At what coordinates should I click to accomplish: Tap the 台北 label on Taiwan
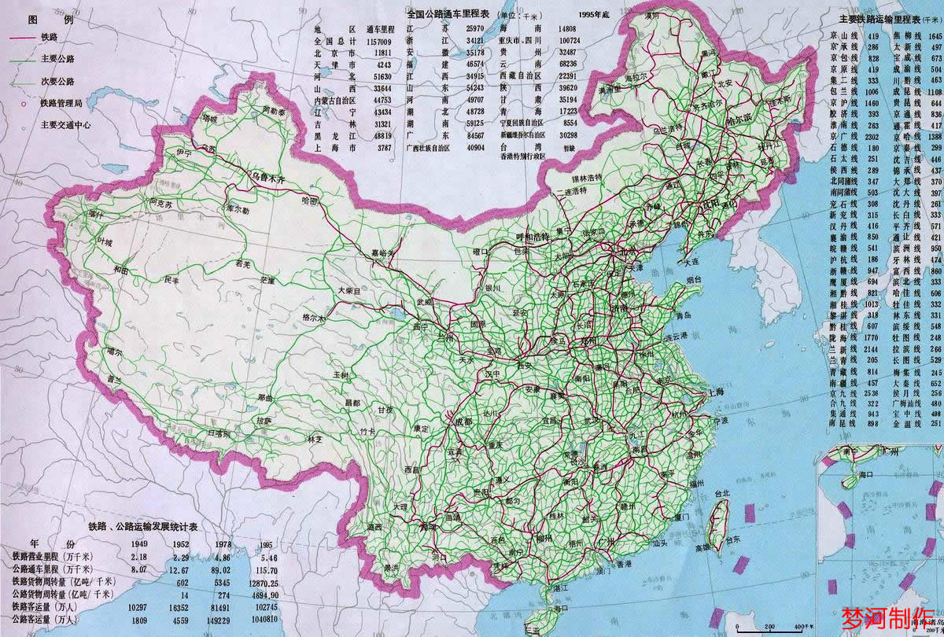click(721, 493)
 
